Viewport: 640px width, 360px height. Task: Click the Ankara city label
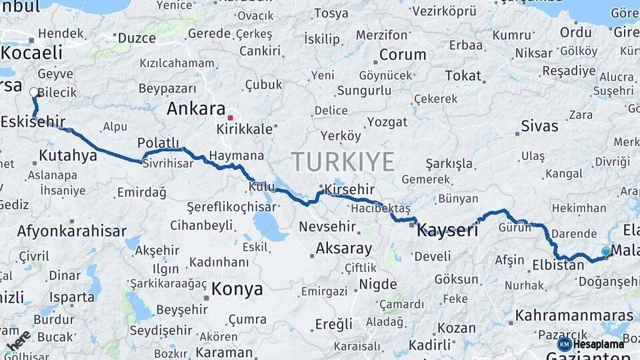click(196, 109)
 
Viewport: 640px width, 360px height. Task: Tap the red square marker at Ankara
click(230, 118)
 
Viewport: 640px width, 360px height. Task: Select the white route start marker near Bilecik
click(34, 93)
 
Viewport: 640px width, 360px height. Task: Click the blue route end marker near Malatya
click(605, 251)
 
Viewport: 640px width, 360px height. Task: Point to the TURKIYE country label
click(343, 161)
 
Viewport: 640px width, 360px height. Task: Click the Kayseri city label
click(447, 231)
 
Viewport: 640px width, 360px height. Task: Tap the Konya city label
click(237, 289)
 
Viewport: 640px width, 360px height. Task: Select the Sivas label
click(540, 126)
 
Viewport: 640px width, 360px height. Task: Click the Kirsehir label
click(349, 189)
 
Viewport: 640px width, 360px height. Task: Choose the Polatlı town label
click(159, 143)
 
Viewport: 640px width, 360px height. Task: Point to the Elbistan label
click(558, 265)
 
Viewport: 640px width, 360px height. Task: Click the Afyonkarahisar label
click(71, 231)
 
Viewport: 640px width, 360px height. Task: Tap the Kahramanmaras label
click(574, 315)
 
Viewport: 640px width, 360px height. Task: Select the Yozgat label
click(387, 122)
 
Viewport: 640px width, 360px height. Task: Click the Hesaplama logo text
click(599, 344)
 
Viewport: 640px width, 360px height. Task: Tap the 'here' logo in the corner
click(18, 340)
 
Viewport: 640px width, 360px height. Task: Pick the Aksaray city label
click(343, 249)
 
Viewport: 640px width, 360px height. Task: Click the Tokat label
click(463, 76)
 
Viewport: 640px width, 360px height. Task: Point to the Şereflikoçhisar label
click(231, 207)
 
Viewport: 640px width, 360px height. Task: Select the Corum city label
click(403, 55)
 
